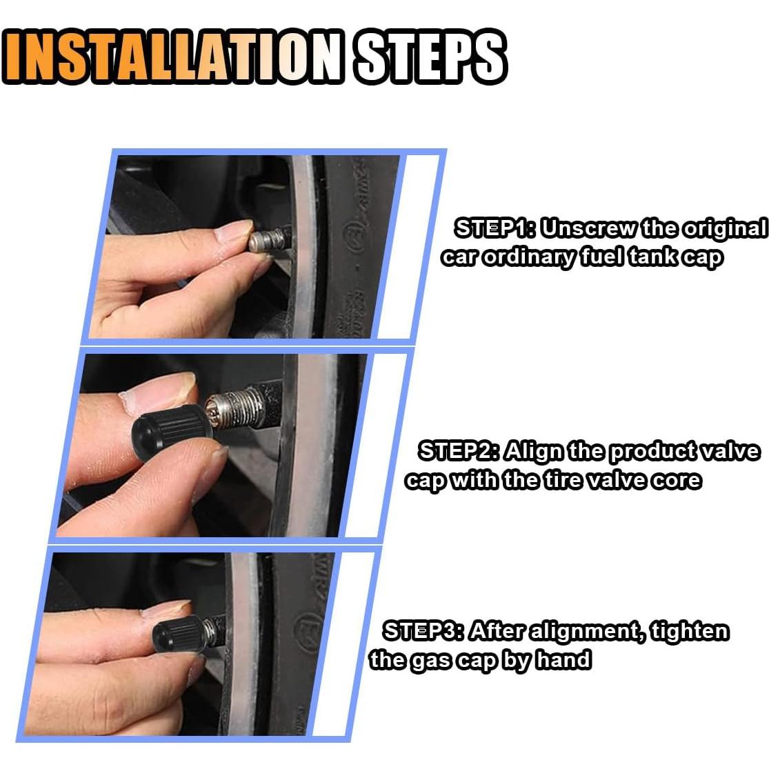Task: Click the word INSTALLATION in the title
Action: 172,57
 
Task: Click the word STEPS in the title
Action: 430,57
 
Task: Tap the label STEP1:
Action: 496,228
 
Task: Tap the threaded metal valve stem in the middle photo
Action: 234,405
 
